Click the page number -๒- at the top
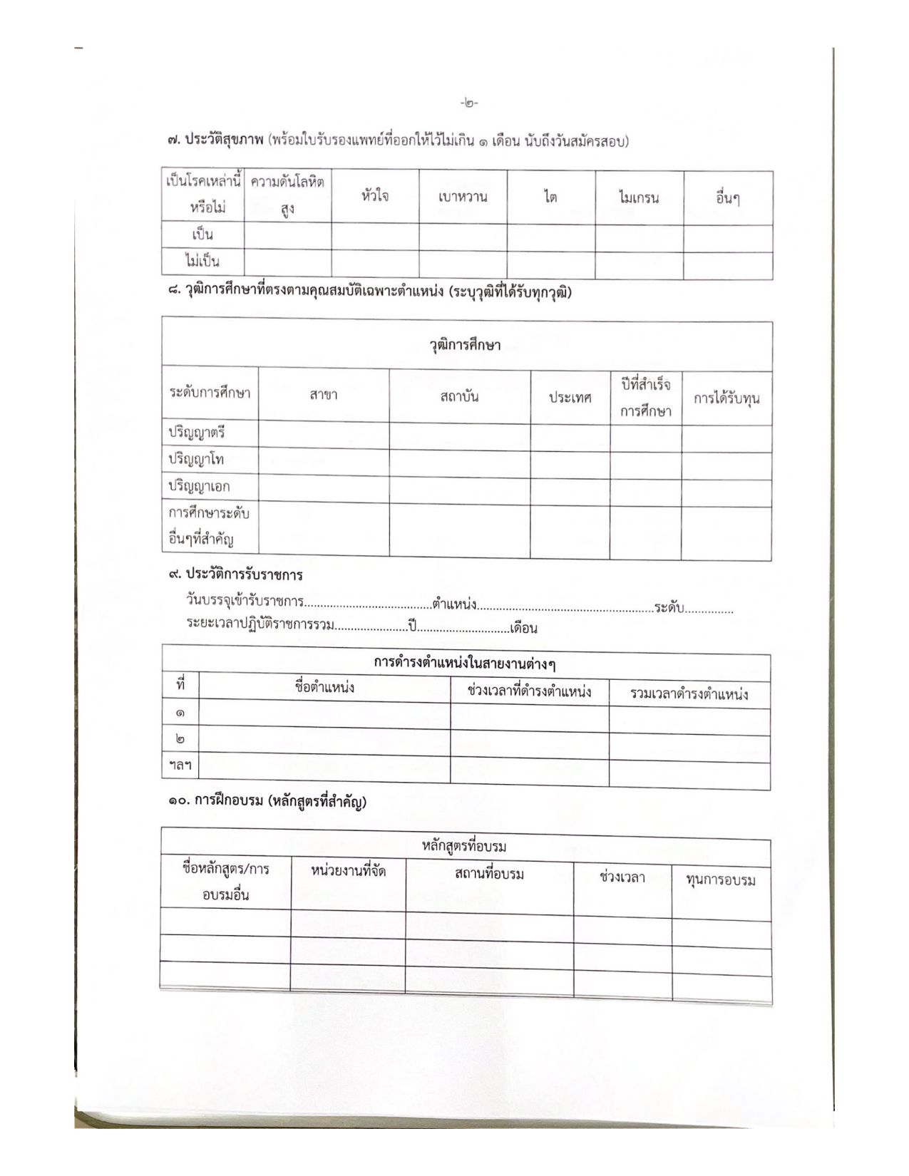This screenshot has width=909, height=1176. coord(469,103)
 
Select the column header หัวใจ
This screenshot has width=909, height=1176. coord(375,196)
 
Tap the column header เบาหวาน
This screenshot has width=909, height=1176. coord(463,197)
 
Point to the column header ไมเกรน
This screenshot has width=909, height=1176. coord(639,199)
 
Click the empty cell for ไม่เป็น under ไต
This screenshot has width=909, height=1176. coord(551,264)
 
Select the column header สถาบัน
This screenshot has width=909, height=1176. coord(459,396)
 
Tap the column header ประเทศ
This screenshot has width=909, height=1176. coord(570,398)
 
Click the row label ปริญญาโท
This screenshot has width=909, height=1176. coord(196,459)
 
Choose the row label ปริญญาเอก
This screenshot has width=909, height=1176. coord(199,487)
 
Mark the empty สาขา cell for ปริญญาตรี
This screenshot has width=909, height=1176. coord(324,433)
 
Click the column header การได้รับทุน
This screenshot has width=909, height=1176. coord(726,398)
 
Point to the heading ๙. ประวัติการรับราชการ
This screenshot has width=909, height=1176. coord(236,574)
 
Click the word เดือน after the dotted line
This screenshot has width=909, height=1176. coord(524,629)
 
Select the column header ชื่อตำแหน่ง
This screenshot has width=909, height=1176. coord(324,688)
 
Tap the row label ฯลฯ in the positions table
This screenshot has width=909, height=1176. coord(180,765)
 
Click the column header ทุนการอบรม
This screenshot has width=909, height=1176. coord(721,880)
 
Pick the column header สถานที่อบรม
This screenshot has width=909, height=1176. coord(489,874)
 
